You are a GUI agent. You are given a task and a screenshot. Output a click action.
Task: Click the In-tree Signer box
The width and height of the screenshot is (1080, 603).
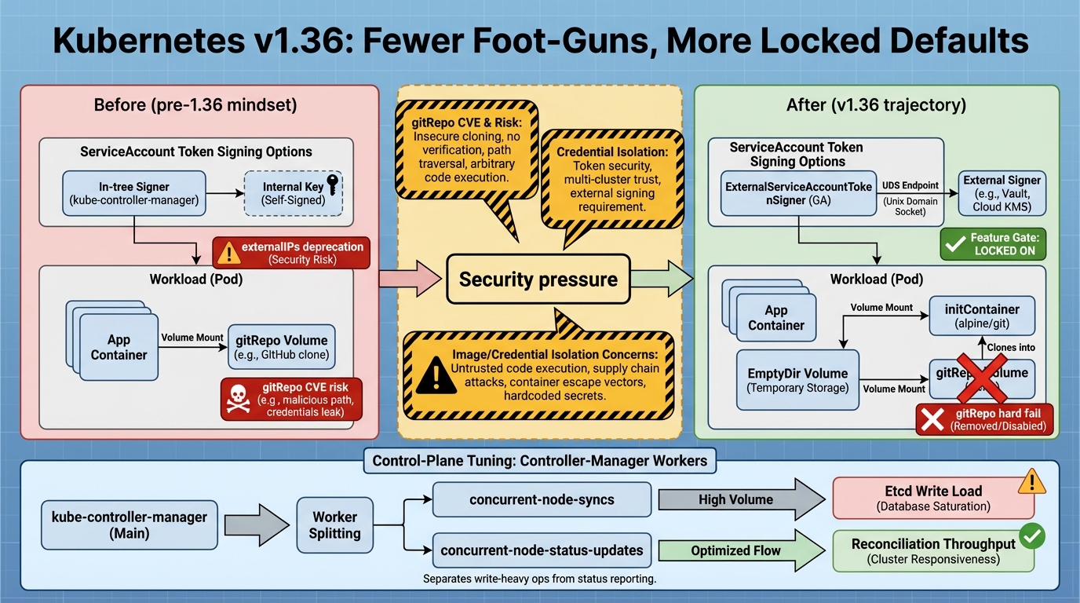134,194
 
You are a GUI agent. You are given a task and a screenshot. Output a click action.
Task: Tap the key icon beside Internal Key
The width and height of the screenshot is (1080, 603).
333,185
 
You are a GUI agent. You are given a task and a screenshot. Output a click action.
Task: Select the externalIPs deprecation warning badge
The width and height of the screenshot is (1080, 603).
291,252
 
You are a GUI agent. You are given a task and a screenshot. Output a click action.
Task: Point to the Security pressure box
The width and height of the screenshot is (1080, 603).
538,279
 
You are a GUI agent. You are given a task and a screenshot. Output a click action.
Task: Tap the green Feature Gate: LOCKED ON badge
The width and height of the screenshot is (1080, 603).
993,244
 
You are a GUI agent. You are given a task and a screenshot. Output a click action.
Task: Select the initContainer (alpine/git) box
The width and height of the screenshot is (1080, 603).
982,316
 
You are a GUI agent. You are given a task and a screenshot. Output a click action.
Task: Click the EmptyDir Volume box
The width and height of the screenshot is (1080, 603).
797,380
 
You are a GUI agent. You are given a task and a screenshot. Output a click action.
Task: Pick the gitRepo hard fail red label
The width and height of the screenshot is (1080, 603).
985,419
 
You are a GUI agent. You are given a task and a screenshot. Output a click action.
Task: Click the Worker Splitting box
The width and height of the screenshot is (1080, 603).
335,524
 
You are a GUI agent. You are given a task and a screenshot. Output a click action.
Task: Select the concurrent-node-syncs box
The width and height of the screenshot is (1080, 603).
542,499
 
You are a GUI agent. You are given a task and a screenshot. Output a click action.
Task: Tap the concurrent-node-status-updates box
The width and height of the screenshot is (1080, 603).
542,550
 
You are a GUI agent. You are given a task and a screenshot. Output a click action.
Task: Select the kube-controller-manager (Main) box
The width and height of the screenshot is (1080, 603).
130,525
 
